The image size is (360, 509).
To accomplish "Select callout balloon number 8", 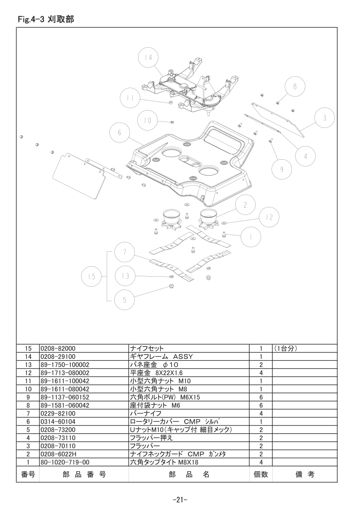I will tap(295, 87).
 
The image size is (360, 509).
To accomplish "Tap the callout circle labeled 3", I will tap(325, 118).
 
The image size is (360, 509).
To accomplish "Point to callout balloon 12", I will tap(269, 217).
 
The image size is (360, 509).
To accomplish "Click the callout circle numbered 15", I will tap(92, 277).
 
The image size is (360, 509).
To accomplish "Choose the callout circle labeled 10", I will tap(148, 121).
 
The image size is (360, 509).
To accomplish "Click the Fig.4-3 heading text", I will tap(45, 19).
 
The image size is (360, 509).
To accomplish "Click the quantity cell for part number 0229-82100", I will tap(261, 413).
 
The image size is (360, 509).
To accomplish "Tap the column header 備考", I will tap(304, 475).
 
